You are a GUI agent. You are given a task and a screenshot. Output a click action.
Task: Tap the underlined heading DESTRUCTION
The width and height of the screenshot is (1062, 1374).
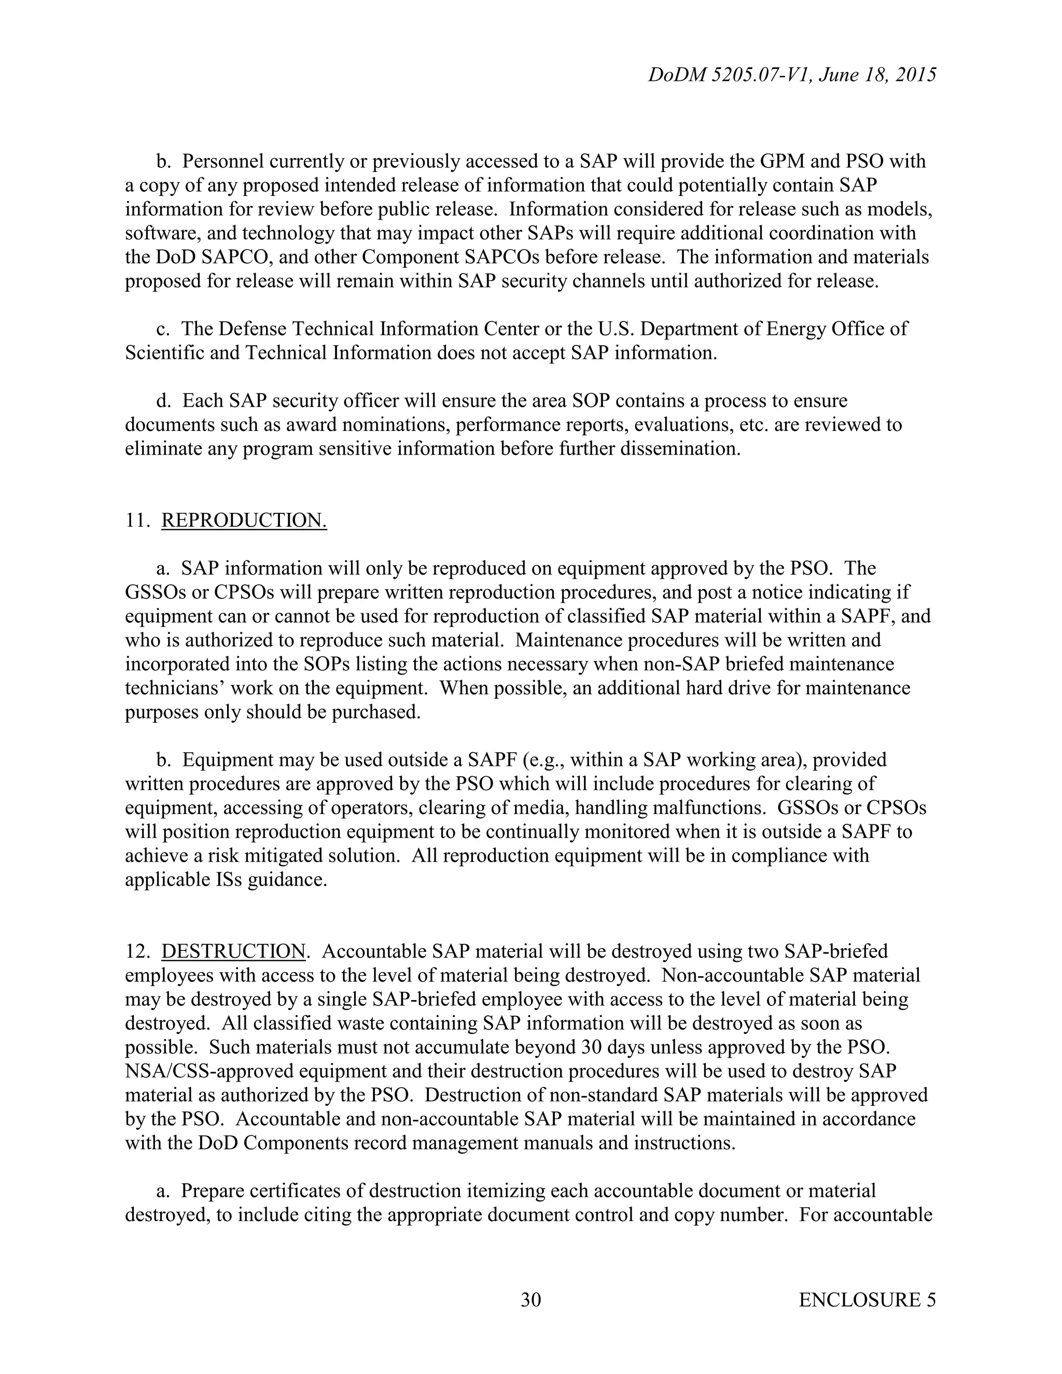[234, 951]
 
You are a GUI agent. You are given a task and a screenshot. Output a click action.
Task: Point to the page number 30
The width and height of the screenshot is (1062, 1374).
[531, 1300]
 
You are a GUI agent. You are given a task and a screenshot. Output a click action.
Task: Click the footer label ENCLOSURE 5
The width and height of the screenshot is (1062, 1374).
[867, 1300]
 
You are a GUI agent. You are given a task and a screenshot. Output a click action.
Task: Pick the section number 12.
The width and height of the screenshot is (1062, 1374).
[136, 951]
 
